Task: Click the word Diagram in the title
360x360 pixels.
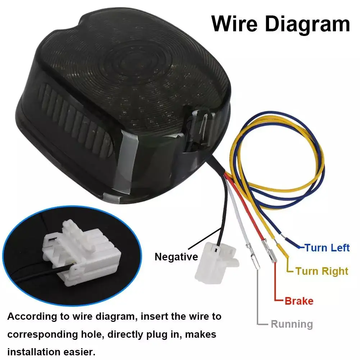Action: tap(307, 25)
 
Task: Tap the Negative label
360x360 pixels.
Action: tap(176, 257)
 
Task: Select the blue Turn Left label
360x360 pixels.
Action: tap(327, 248)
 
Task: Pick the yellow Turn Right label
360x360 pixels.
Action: tap(322, 271)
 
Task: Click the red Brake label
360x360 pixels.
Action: tap(299, 301)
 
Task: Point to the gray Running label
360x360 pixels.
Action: tap(292, 324)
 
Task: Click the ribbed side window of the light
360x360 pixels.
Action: tap(76, 119)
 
